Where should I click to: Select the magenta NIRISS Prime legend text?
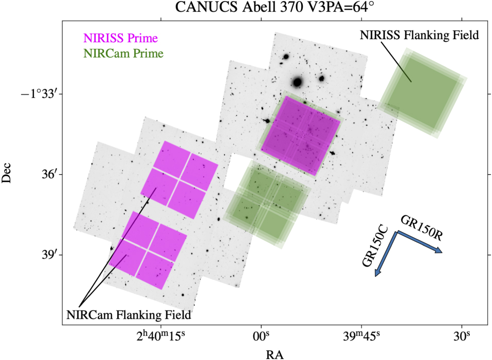click(120, 39)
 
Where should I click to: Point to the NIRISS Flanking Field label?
click(419, 36)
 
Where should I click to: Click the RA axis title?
click(275, 354)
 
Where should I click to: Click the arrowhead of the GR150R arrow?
click(439, 251)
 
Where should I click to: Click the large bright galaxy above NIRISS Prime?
click(297, 81)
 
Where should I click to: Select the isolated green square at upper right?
click(422, 93)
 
